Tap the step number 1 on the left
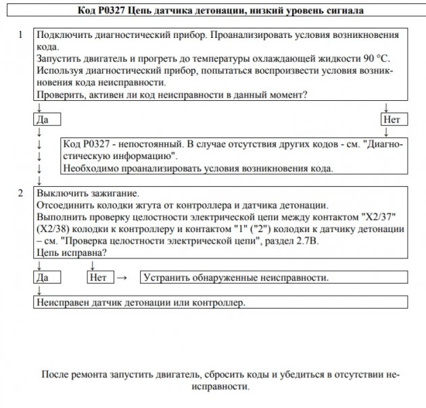pyautogui.click(x=22, y=34)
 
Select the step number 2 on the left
pyautogui.click(x=22, y=193)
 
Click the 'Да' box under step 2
pyautogui.click(x=47, y=277)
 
